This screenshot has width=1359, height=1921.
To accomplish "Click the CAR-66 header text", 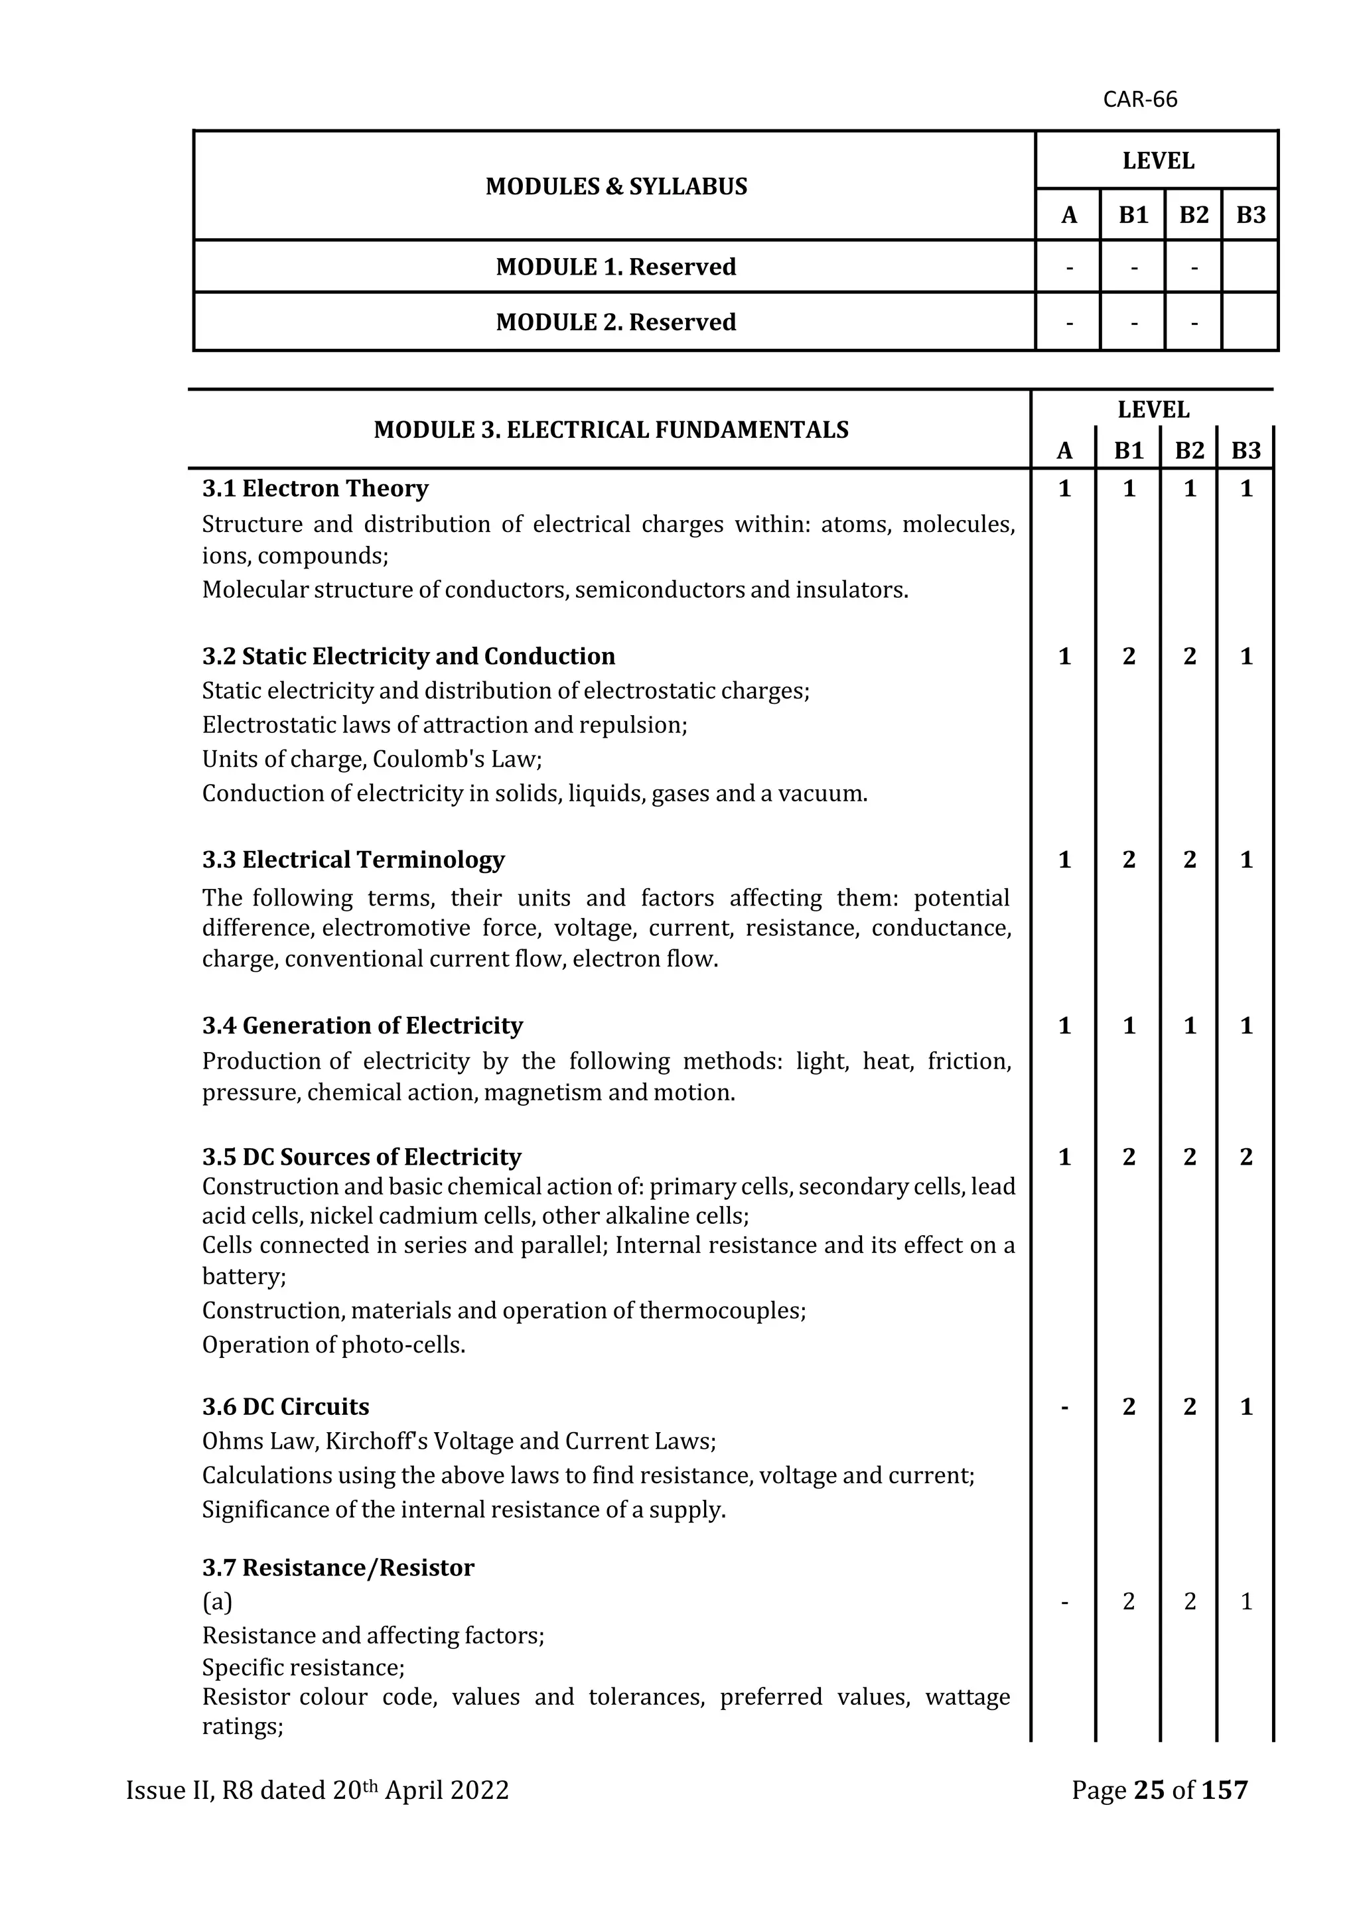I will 1140,99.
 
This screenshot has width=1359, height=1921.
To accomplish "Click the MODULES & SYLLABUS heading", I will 616,186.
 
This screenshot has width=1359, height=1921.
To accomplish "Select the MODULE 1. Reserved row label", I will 616,267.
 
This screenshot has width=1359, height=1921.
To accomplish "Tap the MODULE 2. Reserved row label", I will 616,322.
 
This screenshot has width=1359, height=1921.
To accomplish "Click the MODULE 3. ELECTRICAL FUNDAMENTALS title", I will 611,430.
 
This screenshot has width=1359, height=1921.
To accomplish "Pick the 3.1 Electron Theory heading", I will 315,489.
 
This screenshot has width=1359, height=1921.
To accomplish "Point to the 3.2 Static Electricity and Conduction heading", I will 408,656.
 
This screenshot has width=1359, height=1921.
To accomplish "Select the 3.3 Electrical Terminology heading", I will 353,860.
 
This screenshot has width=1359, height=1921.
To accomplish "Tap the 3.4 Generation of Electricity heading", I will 362,1026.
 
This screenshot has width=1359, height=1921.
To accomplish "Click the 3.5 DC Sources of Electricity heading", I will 362,1157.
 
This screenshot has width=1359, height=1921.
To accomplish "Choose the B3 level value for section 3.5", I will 1246,1157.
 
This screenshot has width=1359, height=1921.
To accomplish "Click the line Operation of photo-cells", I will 333,1345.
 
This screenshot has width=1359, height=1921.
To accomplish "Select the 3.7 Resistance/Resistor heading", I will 338,1568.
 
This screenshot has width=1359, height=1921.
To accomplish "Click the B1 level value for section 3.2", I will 1129,656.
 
